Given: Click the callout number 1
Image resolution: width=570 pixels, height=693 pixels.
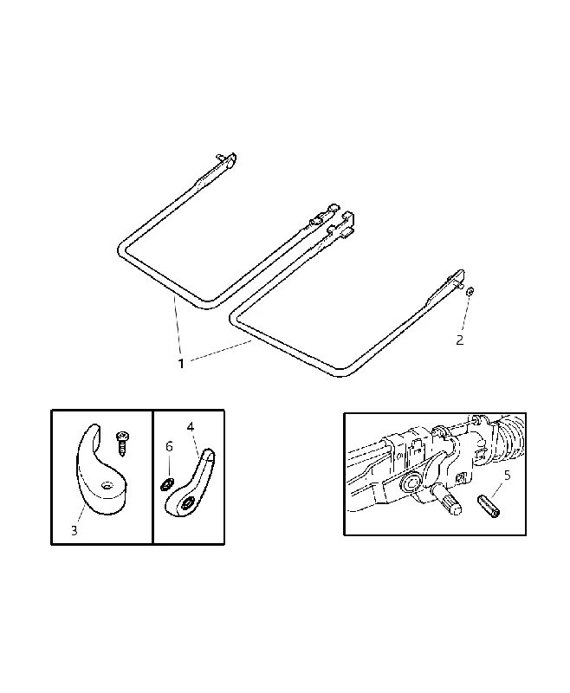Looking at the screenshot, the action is pos(181,364).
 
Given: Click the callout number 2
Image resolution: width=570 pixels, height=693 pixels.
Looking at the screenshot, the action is pos(459,340).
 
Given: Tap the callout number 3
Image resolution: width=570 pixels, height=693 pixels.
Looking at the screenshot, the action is pos(74,530).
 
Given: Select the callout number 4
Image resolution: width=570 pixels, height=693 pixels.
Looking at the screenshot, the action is pos(191,427).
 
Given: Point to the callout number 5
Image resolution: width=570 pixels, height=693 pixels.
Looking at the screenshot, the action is pos(508,476).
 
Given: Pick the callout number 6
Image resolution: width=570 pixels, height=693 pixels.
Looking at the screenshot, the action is pos(169,447).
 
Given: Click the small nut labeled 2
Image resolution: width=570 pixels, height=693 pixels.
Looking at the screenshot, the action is pos(470,291).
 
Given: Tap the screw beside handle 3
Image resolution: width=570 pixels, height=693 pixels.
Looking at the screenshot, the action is pos(121,444).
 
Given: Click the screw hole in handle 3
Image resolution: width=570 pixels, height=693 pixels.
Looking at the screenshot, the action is pos(106,486).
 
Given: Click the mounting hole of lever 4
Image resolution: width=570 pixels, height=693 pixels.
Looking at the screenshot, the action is pos(186,504).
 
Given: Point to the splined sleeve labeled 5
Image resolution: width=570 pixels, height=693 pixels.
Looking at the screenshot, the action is pos(489,506).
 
